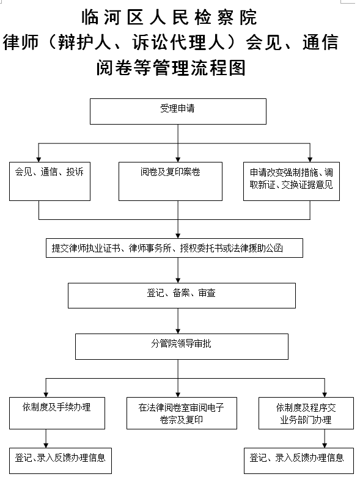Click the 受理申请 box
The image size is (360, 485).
[x=178, y=111]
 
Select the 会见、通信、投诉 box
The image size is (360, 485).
[x=50, y=181]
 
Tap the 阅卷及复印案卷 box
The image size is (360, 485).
[x=171, y=181]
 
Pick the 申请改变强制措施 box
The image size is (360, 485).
[x=292, y=181]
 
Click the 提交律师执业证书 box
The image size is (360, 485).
[x=174, y=248]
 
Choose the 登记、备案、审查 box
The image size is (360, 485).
[x=182, y=296]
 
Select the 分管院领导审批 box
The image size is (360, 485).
[x=182, y=346]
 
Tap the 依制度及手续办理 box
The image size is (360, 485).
[x=57, y=413]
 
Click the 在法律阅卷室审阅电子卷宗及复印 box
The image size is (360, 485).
[x=182, y=413]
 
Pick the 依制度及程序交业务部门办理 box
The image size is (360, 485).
[x=306, y=413]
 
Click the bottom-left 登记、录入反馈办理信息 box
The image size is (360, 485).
[x=61, y=461]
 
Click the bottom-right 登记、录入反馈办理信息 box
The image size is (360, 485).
[x=299, y=461]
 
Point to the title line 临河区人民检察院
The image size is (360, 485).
[x=169, y=17]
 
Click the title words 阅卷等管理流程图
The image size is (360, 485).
[x=171, y=68]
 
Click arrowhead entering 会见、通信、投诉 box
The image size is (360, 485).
[x=39, y=159]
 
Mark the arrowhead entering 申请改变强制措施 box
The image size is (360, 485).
[x=310, y=159]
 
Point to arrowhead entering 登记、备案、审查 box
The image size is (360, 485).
[x=178, y=280]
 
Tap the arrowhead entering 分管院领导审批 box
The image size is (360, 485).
[x=178, y=331]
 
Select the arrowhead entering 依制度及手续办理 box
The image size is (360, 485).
[x=46, y=395]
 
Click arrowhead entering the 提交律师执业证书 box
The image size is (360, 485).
[x=178, y=236]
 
